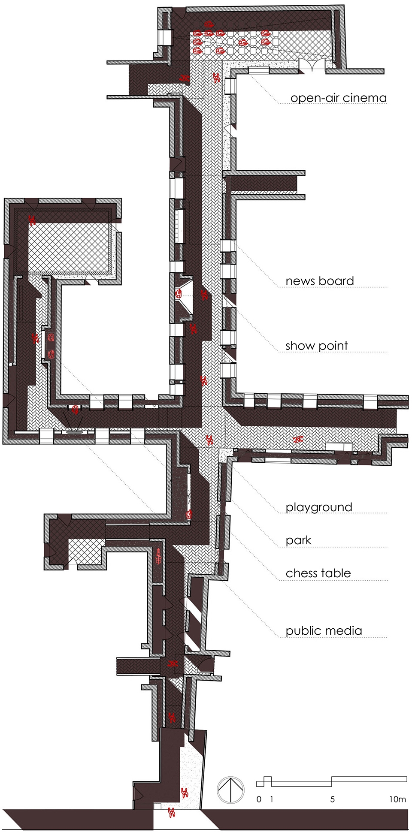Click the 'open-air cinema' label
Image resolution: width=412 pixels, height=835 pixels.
point(339,98)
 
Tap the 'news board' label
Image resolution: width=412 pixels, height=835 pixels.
point(320,281)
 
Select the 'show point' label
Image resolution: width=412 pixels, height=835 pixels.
point(317,346)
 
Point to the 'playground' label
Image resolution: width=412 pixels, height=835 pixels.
point(319,507)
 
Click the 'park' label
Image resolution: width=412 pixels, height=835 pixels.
point(298,540)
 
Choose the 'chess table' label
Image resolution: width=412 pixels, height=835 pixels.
point(318,573)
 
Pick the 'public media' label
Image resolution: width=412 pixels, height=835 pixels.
point(324,631)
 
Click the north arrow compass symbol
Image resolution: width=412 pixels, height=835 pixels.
point(231,790)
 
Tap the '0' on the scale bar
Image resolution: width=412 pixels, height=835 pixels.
point(259,799)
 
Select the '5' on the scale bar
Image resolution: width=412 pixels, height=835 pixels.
point(333,799)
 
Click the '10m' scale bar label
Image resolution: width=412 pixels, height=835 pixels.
point(397,799)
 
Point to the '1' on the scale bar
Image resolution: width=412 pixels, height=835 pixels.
point(272,799)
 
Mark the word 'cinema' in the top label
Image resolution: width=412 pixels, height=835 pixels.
point(365,98)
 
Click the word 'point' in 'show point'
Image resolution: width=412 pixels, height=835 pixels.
point(332,346)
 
